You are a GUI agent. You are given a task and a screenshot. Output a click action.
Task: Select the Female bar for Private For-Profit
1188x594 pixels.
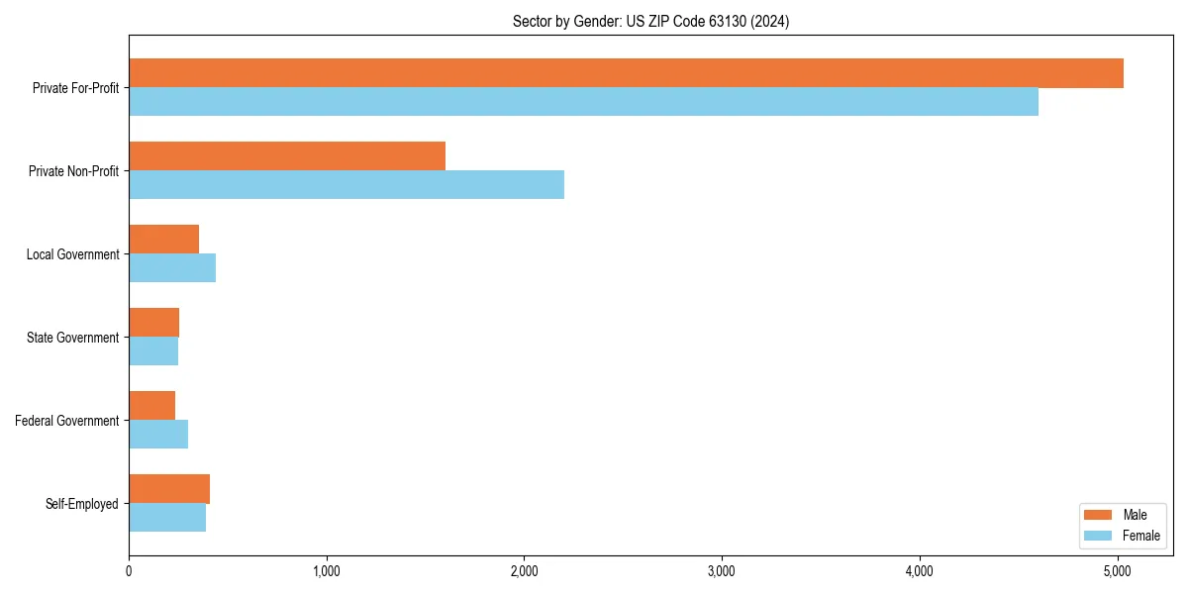pyautogui.click(x=583, y=102)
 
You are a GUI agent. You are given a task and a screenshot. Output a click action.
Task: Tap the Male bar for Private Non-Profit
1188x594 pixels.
pyautogui.click(x=287, y=156)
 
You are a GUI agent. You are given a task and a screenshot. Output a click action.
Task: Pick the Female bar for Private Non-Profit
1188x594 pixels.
pyautogui.click(x=346, y=185)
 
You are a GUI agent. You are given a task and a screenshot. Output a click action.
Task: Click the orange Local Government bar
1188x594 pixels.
pyautogui.click(x=163, y=240)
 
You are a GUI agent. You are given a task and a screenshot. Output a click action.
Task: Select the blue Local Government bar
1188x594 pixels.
pyautogui.click(x=172, y=268)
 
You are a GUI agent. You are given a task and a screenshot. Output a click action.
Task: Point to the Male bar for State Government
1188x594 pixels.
pyautogui.click(x=153, y=323)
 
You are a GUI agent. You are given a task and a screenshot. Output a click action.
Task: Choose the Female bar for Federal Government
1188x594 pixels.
pyautogui.click(x=158, y=435)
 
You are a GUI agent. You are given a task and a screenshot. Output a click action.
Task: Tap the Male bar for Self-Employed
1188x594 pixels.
pyautogui.click(x=169, y=489)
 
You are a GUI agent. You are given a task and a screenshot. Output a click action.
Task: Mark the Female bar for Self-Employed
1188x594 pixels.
pyautogui.click(x=167, y=518)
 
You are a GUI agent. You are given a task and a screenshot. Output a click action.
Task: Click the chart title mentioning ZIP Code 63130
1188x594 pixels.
pyautogui.click(x=650, y=21)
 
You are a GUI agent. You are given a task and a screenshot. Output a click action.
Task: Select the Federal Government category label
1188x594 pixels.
pyautogui.click(x=67, y=421)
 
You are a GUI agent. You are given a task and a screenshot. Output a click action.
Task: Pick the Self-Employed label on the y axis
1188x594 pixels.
pyautogui.click(x=82, y=504)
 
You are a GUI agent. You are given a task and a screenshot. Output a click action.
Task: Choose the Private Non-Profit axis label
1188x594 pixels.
pyautogui.click(x=73, y=171)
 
